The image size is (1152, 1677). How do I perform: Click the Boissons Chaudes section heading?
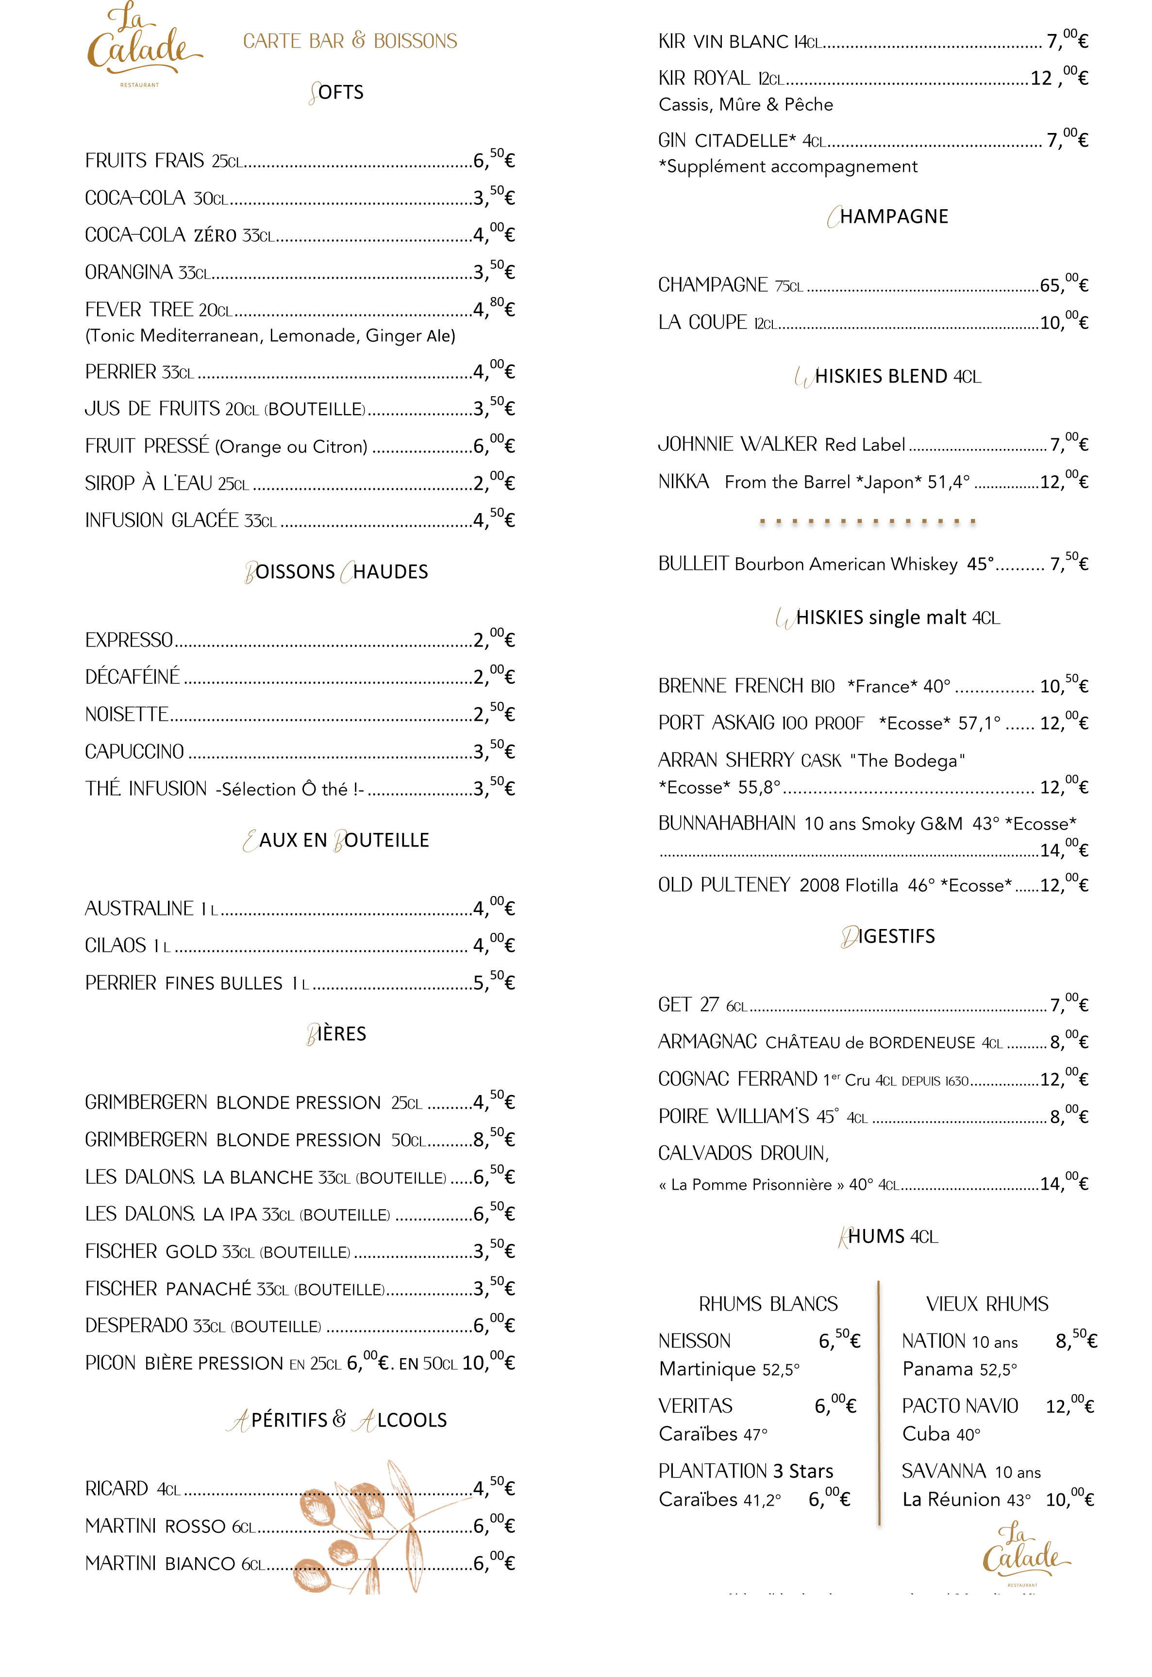[336, 571]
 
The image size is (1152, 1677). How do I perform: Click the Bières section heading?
[336, 1033]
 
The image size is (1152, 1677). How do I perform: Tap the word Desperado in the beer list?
[136, 1326]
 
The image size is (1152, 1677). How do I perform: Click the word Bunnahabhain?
[727, 823]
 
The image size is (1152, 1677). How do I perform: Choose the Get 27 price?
[1069, 1004]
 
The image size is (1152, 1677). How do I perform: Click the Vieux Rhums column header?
[987, 1304]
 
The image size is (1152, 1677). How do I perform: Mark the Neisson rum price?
[839, 1340]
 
